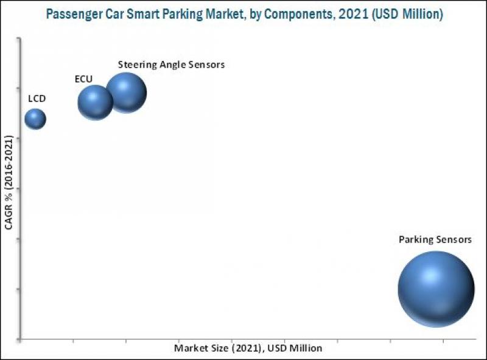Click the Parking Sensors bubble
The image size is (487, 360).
pyautogui.click(x=436, y=289)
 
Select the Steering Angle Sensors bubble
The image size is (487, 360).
pyautogui.click(x=126, y=93)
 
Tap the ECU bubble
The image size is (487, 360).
pyautogui.click(x=95, y=102)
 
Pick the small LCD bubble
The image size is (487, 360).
pyautogui.click(x=35, y=119)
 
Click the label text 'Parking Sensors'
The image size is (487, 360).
pyautogui.click(x=435, y=239)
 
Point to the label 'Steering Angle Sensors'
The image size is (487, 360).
pyautogui.click(x=171, y=65)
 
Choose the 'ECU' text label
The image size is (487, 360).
pyautogui.click(x=83, y=79)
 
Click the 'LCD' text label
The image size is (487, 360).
pyautogui.click(x=37, y=98)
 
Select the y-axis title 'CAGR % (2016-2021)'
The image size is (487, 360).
pyautogui.click(x=9, y=182)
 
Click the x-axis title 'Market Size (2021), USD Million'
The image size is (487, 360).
pyautogui.click(x=248, y=348)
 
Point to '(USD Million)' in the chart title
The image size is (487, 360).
pyautogui.click(x=404, y=13)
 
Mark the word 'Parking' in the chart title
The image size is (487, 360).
pyautogui.click(x=181, y=13)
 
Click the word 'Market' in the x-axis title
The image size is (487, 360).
pyautogui.click(x=189, y=348)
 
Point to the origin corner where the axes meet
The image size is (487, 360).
pyautogui.click(x=22, y=339)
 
